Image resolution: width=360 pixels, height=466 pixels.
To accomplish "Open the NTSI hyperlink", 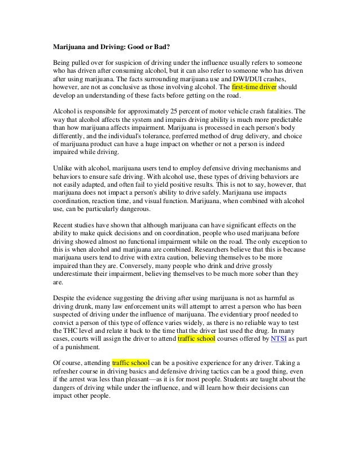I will pos(280,339).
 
